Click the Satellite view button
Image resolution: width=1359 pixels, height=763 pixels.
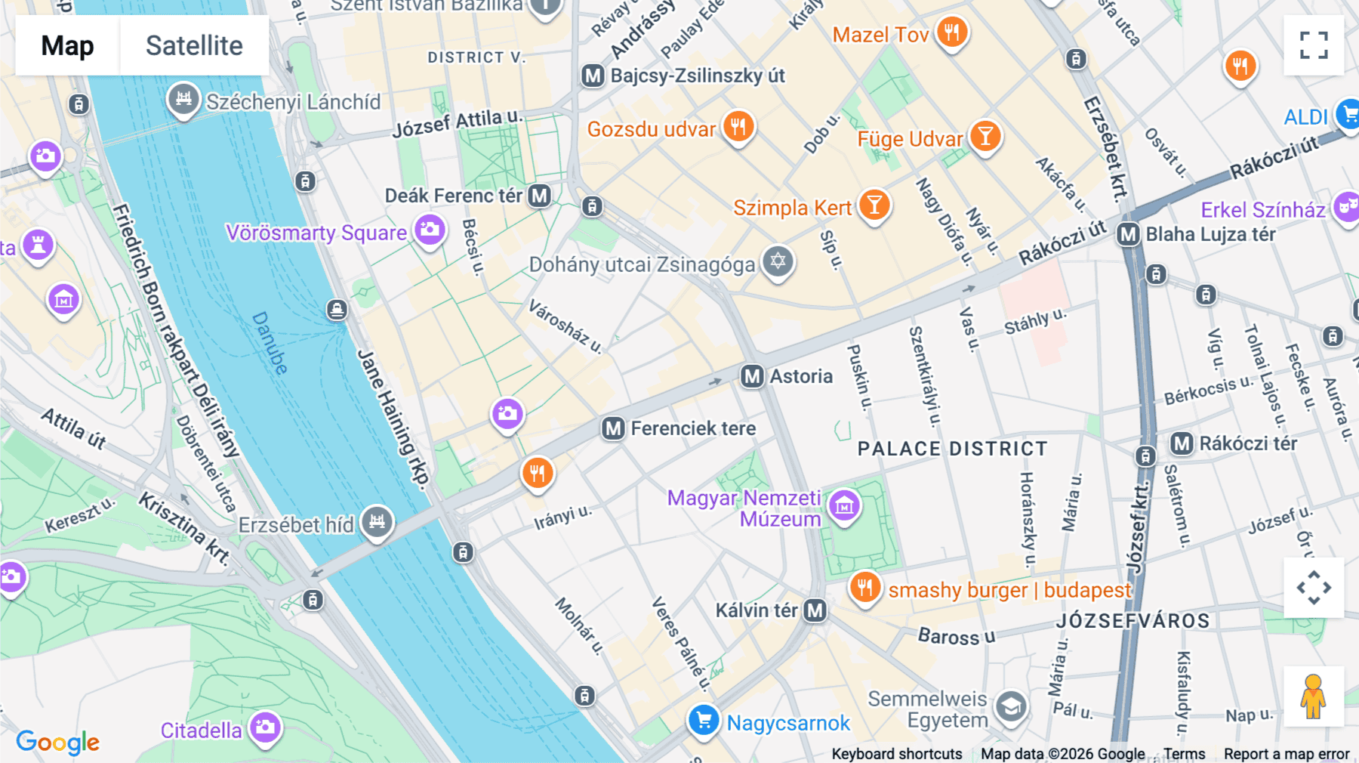point(194,45)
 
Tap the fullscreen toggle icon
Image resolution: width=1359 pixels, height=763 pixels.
point(1314,45)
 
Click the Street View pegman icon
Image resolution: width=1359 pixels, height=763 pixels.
point(1313,697)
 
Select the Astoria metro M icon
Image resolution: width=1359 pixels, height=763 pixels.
point(752,376)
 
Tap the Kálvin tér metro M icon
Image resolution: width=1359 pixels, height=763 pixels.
point(815,610)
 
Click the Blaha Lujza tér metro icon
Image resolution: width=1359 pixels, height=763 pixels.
point(1129,234)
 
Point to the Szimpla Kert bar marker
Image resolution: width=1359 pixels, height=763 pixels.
point(874,205)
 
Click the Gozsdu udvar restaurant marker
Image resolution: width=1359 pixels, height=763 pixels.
point(738,127)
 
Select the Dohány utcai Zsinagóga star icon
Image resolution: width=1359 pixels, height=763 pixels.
point(778,262)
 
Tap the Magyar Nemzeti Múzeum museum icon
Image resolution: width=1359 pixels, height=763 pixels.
point(844,505)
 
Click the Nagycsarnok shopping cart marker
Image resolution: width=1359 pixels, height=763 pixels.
point(704,720)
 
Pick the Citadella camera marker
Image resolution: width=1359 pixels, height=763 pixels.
point(265,727)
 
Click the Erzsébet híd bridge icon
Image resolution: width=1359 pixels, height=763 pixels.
point(377,521)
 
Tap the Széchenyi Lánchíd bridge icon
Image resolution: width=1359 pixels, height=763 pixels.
point(183,98)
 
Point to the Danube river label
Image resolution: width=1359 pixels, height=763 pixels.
point(270,343)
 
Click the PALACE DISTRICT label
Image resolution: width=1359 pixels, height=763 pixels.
point(952,449)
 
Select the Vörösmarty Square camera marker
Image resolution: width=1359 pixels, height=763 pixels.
point(430,230)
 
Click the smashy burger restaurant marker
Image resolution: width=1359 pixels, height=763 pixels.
point(865,587)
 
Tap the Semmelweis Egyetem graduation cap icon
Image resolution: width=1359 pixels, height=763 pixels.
point(1010,708)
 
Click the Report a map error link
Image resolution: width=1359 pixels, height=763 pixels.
point(1286,754)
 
